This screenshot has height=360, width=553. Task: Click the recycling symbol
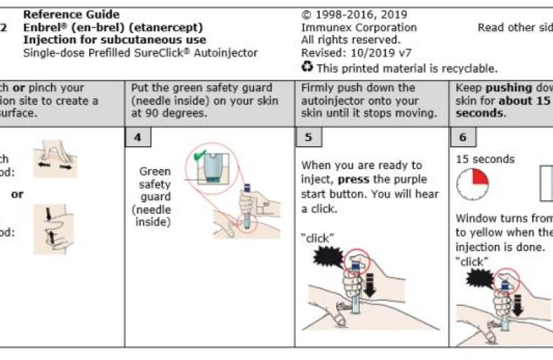point(307,68)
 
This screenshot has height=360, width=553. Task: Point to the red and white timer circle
point(472,185)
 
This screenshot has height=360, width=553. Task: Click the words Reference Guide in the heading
point(71,14)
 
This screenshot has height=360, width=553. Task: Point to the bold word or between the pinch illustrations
point(17,194)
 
